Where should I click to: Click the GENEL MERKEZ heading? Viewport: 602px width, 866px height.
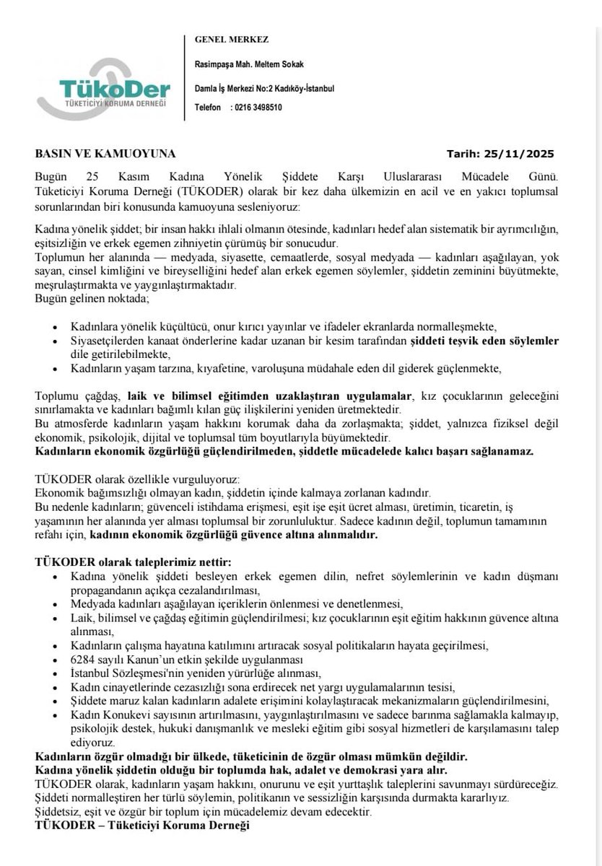(x=227, y=38)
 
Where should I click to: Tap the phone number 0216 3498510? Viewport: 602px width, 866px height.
(x=256, y=108)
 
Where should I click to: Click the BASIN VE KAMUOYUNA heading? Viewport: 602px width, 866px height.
(x=105, y=154)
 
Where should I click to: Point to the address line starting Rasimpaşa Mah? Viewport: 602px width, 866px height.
(x=249, y=65)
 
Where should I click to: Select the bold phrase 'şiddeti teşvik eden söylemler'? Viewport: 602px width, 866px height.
(x=485, y=340)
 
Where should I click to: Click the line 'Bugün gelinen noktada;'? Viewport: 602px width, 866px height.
(x=87, y=298)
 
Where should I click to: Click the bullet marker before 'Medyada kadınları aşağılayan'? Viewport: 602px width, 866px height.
(x=56, y=603)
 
